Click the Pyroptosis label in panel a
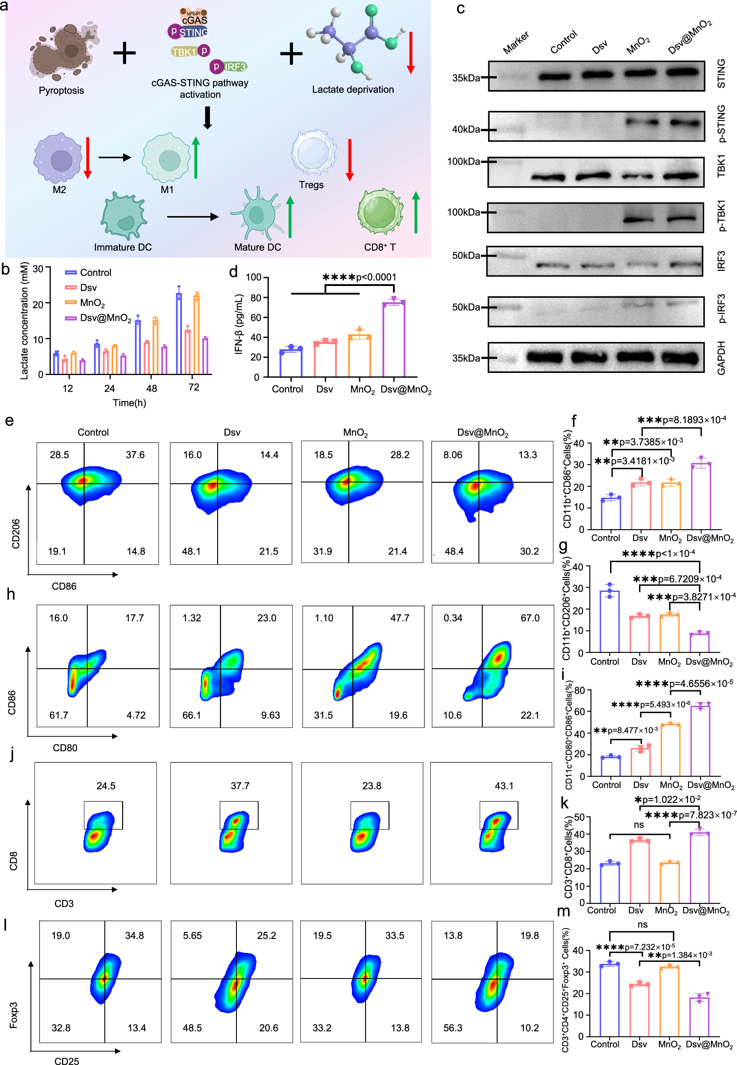click(61, 90)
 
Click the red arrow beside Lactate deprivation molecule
click(411, 53)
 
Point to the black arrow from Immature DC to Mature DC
click(192, 216)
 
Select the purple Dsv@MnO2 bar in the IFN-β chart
click(394, 340)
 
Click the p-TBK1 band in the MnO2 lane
click(639, 219)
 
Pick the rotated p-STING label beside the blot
click(721, 124)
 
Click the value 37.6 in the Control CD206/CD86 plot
click(135, 455)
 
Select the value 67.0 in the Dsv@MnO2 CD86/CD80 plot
click(530, 618)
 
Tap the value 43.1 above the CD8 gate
click(504, 785)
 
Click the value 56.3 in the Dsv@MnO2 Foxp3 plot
click(452, 1027)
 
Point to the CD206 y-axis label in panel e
click(16, 534)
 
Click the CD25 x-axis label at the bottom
click(66, 1061)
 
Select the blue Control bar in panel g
click(610, 621)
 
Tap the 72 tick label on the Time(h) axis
click(193, 387)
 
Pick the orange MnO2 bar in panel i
click(670, 750)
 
